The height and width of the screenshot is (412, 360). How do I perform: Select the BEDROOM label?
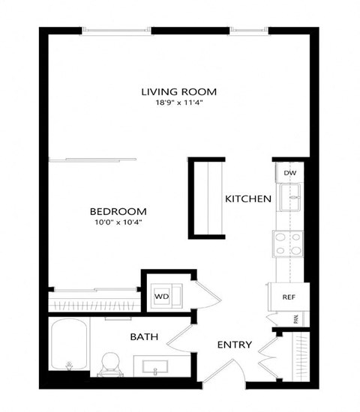click(x=118, y=211)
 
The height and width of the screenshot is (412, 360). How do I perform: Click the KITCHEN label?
click(x=247, y=199)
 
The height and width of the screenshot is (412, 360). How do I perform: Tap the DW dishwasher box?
click(x=290, y=173)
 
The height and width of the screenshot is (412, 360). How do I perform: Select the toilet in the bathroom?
click(x=112, y=362)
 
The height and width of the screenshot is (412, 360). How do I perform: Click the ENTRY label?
click(x=234, y=345)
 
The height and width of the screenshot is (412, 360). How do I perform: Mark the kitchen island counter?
click(x=206, y=199)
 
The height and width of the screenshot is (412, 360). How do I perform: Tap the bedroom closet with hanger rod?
click(x=94, y=303)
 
